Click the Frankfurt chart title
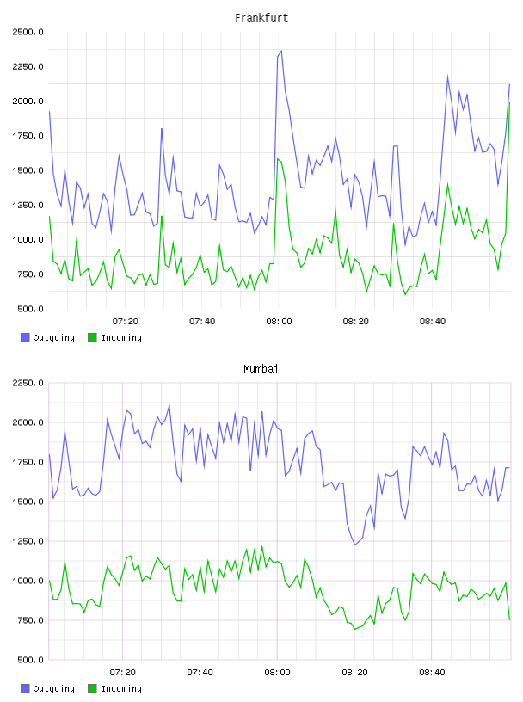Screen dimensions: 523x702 click(261, 18)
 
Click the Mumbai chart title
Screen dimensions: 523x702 click(261, 369)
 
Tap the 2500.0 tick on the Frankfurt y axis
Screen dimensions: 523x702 click(28, 32)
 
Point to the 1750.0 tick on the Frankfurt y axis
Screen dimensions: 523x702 click(28, 136)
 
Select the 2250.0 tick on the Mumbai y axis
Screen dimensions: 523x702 click(28, 383)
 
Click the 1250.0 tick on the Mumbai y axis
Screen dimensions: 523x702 click(28, 541)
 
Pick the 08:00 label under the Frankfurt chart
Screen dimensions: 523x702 click(279, 321)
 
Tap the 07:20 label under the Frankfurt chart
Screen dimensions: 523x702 click(126, 321)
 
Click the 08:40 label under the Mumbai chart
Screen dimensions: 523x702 click(432, 672)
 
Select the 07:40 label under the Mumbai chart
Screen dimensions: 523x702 click(200, 672)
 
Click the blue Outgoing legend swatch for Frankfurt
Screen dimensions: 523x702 click(25, 337)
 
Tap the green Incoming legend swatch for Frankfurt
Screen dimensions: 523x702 click(92, 337)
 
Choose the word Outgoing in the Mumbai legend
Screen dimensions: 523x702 click(53, 688)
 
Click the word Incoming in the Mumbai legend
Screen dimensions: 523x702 click(121, 688)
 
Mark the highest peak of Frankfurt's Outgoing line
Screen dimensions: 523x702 click(281, 51)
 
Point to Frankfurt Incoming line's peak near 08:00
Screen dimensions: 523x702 click(278, 159)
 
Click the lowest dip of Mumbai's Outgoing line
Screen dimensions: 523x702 click(354, 545)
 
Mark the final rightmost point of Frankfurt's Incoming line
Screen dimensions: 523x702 click(509, 102)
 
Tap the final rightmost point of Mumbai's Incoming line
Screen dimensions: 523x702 click(509, 619)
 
